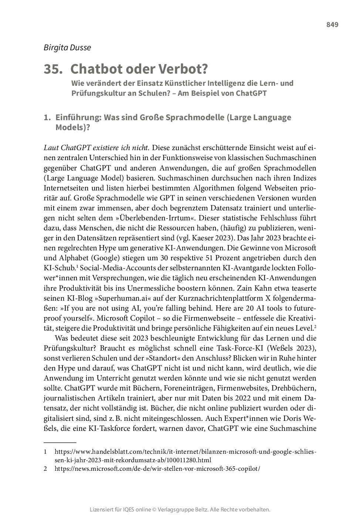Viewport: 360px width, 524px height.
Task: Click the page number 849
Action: click(x=332, y=25)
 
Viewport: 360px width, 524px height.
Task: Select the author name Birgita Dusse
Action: click(x=67, y=47)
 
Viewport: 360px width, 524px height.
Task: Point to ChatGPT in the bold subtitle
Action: click(x=248, y=93)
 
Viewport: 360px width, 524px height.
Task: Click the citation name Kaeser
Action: click(x=232, y=238)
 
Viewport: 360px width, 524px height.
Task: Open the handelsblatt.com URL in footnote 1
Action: click(x=185, y=452)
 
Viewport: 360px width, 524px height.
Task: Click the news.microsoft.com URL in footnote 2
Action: click(x=157, y=469)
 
